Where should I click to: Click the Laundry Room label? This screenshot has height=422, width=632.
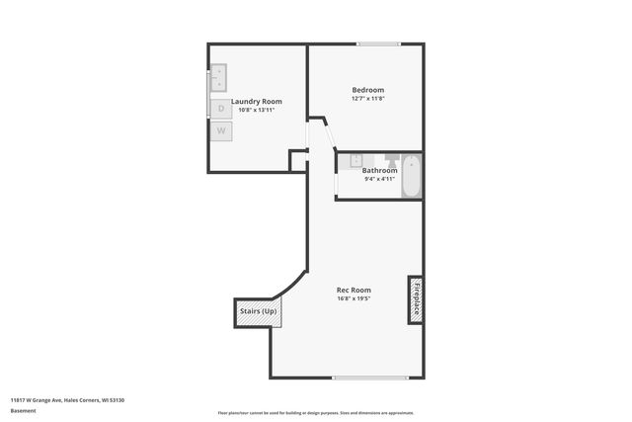[257, 101]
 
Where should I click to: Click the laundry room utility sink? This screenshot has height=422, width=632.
[217, 77]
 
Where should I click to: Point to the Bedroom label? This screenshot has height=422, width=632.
[367, 90]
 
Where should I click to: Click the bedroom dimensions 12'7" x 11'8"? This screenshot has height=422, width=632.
[367, 99]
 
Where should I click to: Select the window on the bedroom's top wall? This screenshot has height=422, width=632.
[378, 43]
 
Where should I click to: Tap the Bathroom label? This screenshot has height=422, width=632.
[379, 170]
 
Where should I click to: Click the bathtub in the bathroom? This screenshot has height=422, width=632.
[412, 175]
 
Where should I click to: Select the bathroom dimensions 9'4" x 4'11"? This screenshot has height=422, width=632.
[379, 179]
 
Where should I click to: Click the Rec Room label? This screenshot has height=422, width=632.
[354, 290]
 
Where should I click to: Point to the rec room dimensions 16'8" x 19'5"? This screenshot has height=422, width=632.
[354, 298]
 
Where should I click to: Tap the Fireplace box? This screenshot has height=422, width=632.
[416, 298]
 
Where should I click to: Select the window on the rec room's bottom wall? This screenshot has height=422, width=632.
[370, 378]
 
